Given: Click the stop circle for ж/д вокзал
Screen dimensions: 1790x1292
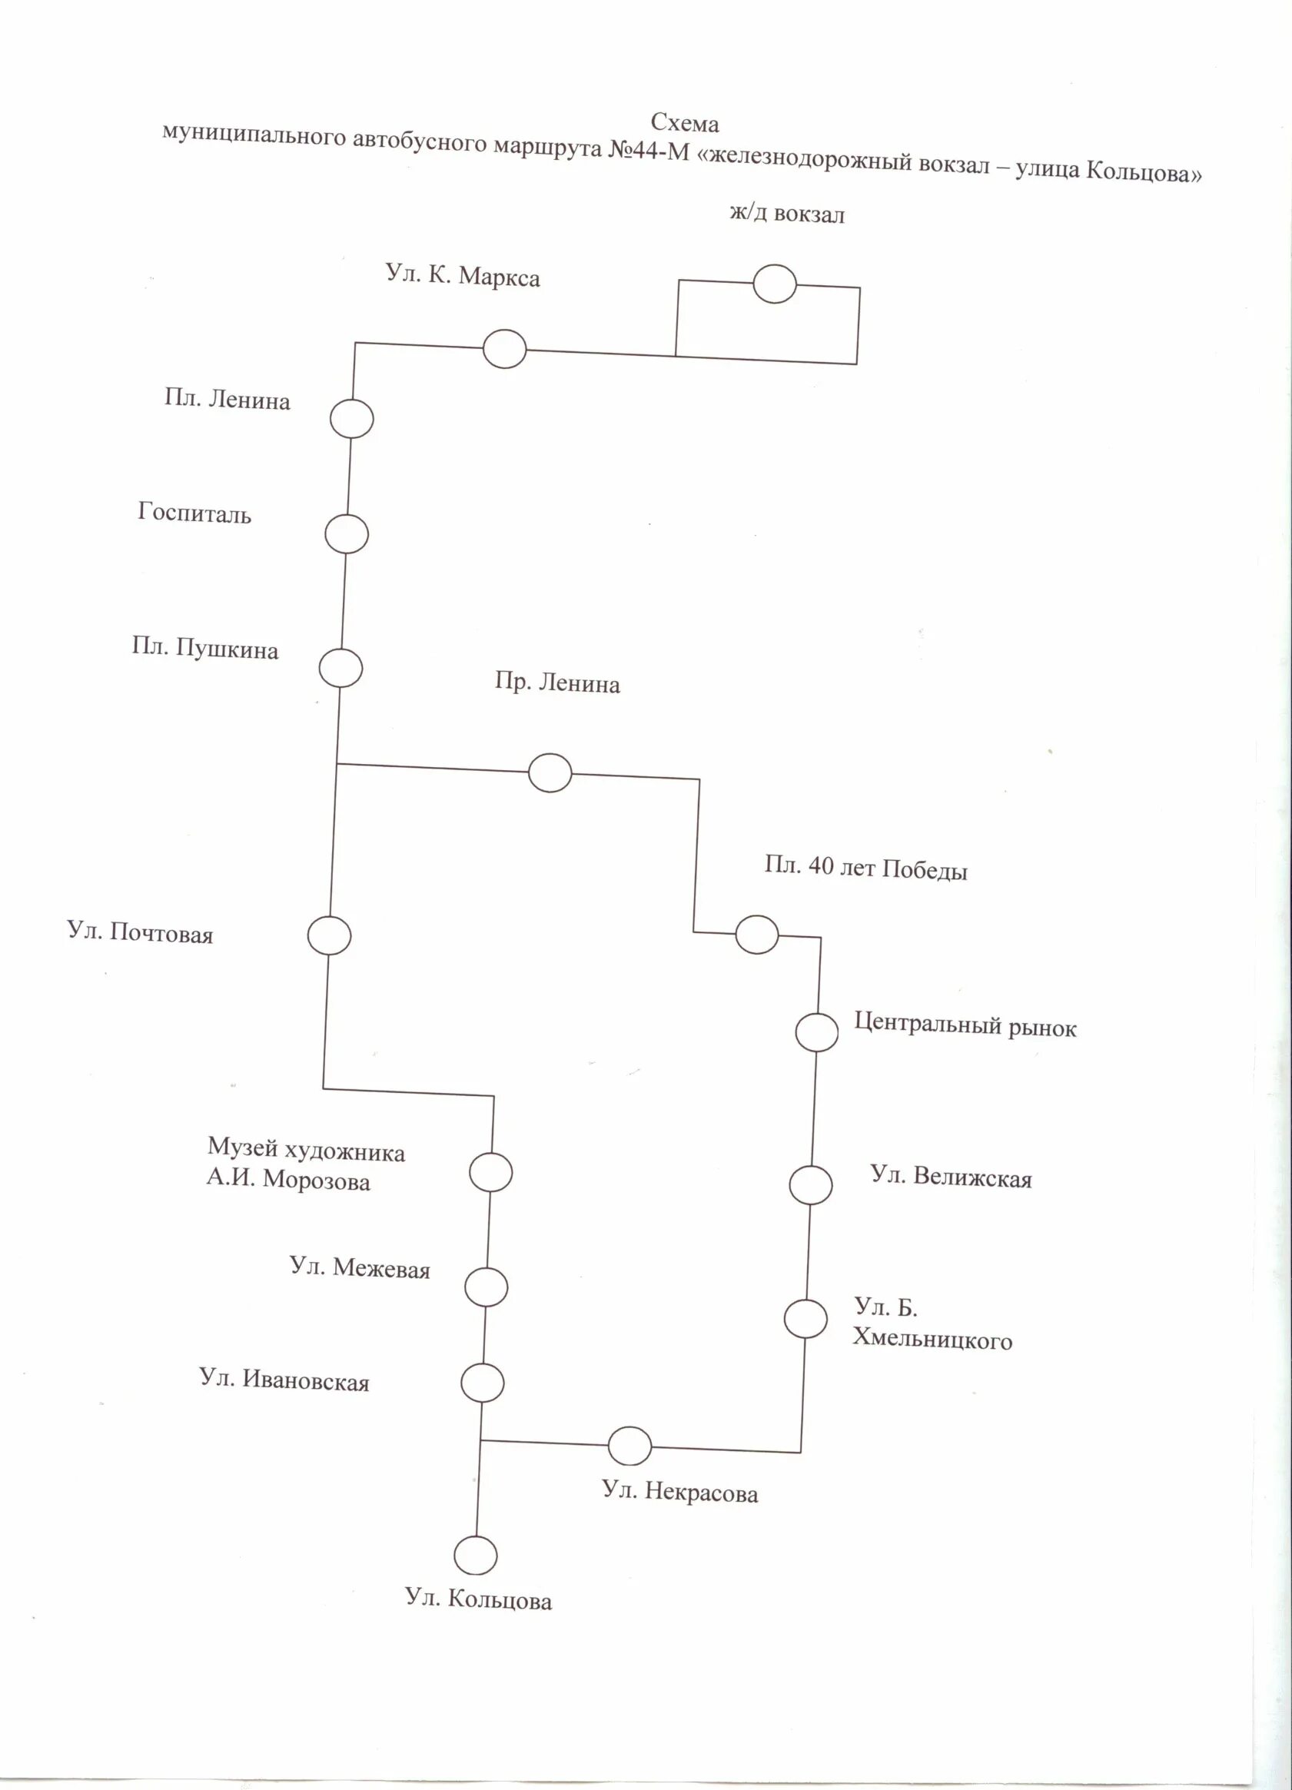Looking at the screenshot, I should point(774,284).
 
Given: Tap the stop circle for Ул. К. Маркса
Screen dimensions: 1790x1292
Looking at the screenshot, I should point(504,349).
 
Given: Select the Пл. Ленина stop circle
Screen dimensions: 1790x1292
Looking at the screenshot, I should point(351,418).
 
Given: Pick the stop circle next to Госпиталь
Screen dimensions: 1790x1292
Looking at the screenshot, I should point(347,534).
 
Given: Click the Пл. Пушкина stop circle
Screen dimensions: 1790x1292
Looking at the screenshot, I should point(340,669).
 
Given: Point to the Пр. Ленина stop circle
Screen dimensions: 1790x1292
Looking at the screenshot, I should point(550,772).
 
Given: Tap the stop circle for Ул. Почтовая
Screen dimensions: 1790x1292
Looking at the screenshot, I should point(329,935).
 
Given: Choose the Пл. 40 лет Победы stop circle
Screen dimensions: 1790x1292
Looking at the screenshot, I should point(756,935).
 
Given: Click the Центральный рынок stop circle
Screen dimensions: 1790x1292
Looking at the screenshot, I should point(816,1032).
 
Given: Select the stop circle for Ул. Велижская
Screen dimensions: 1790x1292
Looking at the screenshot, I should point(811,1185).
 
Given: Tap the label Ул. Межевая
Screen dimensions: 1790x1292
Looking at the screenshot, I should point(360,1268).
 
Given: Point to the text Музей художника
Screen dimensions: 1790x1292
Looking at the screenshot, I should point(306,1151).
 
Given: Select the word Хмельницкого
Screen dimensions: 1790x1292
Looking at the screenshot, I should point(932,1340).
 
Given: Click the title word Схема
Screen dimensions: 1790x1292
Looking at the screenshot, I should point(684,123).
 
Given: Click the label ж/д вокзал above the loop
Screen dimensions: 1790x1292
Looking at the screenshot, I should point(786,214).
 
